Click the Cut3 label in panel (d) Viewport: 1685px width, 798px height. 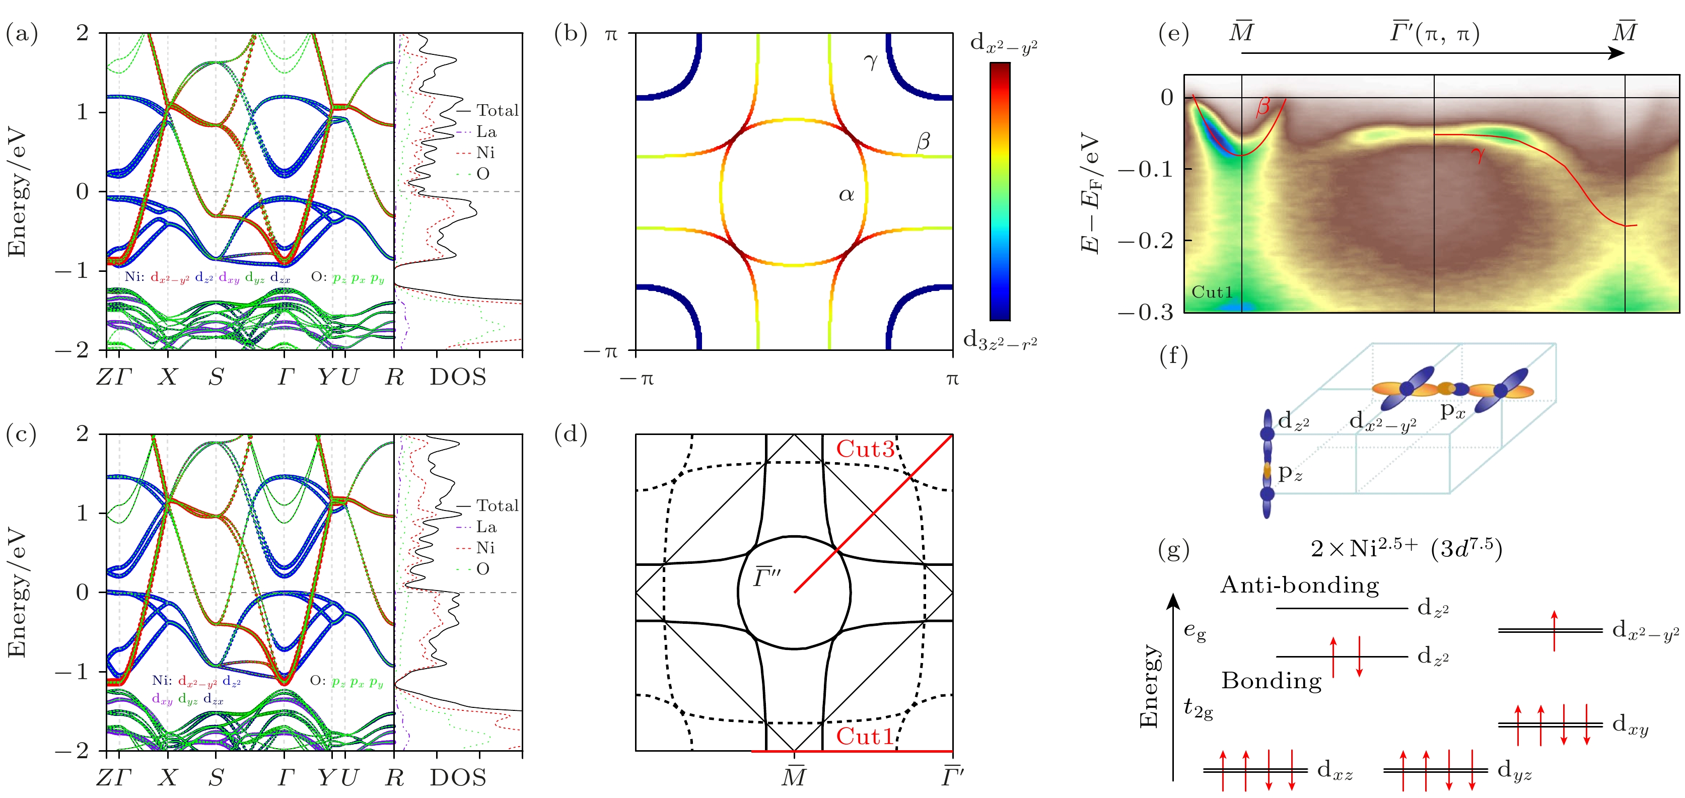pyautogui.click(x=865, y=450)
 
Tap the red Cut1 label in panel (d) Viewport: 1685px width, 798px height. pyautogui.click(x=865, y=737)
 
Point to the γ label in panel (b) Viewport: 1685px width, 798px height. pyautogui.click(x=870, y=61)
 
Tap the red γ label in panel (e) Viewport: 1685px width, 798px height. pyautogui.click(x=1477, y=155)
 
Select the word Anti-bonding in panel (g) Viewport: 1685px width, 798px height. pyautogui.click(x=1299, y=585)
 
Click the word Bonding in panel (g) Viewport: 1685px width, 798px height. pyautogui.click(x=1271, y=681)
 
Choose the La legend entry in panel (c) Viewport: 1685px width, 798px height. pyautogui.click(x=485, y=527)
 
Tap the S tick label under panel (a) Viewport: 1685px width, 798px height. pyautogui.click(x=216, y=377)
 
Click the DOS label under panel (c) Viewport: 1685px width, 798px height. pyautogui.click(x=458, y=778)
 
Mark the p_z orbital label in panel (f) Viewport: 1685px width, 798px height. pyautogui.click(x=1290, y=472)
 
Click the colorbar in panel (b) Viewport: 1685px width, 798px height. pyautogui.click(x=1000, y=191)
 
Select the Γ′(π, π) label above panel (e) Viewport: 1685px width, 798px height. pyautogui.click(x=1435, y=33)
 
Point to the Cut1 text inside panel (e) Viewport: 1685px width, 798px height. pyautogui.click(x=1212, y=292)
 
